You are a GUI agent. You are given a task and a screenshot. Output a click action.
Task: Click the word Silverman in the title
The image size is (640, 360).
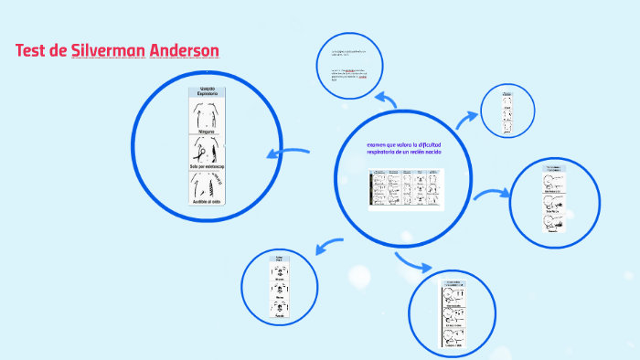click(x=107, y=50)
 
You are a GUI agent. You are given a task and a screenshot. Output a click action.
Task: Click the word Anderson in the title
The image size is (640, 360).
click(x=185, y=50)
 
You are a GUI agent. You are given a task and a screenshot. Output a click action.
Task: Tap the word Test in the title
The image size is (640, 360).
click(x=33, y=50)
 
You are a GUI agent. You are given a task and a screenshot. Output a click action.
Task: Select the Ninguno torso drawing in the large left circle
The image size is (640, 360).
click(x=205, y=116)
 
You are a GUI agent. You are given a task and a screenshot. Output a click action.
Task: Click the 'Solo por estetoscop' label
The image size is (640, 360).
click(x=206, y=166)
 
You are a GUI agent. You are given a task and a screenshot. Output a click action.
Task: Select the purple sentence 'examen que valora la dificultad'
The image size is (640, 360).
click(x=403, y=145)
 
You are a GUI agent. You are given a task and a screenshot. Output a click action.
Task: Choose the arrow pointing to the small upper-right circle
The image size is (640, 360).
click(x=467, y=117)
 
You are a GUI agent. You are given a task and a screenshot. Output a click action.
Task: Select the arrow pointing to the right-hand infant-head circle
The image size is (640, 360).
click(x=492, y=194)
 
